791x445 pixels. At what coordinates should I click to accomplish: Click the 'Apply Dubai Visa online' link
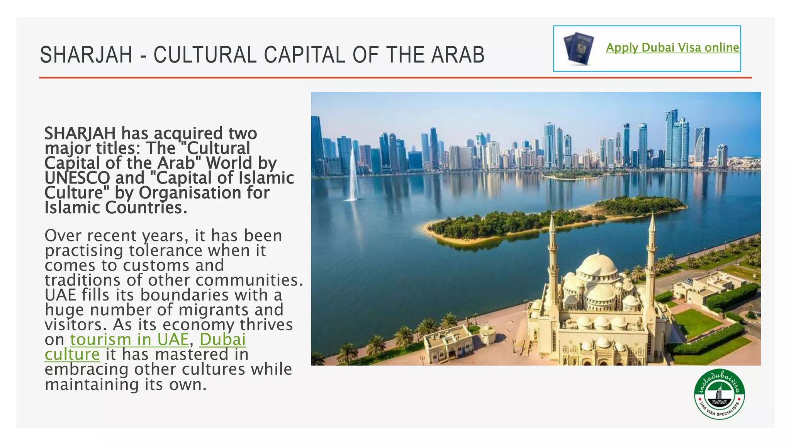coord(672,48)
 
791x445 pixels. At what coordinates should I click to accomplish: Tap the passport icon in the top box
coord(578,48)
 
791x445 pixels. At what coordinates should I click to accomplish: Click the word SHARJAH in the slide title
coord(86,55)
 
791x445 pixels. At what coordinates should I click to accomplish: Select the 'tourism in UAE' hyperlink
coord(129,340)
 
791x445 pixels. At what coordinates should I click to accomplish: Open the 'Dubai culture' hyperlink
coord(222,340)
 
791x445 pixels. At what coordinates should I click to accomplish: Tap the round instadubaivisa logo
coord(719,394)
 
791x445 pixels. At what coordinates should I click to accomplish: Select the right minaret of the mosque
coord(652,251)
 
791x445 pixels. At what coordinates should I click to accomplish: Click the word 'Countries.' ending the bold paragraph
coord(146,208)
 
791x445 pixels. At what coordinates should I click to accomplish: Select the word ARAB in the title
coord(458,55)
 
